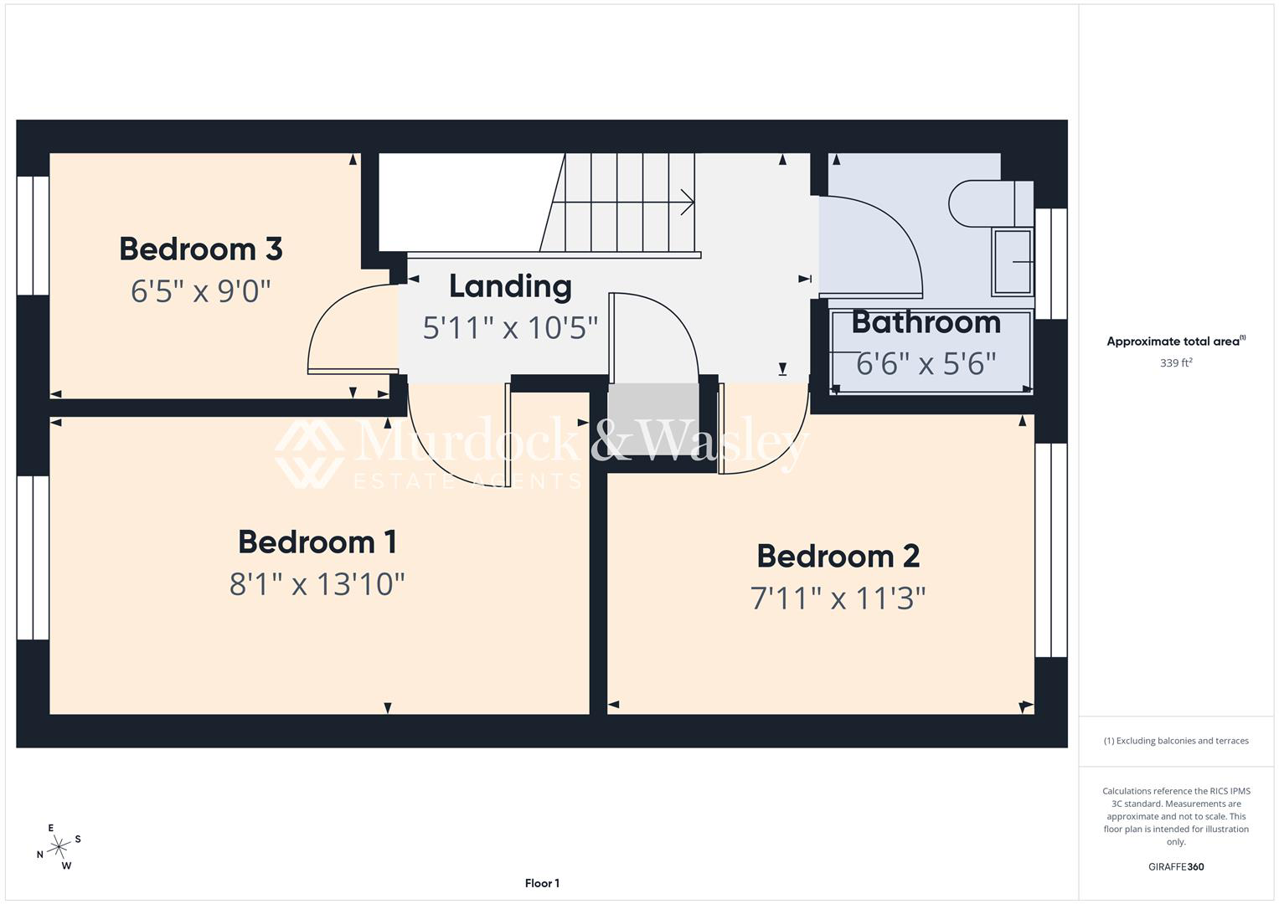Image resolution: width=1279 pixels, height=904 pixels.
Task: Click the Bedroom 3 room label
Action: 200,249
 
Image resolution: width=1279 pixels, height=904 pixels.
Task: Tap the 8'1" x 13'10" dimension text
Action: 317,584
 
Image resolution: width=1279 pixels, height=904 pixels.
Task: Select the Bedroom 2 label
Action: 838,556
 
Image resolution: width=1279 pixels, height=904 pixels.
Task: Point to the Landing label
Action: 510,287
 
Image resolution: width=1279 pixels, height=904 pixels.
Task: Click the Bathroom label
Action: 926,322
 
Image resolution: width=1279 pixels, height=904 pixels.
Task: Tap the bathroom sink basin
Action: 1013,262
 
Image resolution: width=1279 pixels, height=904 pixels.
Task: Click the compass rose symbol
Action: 59,847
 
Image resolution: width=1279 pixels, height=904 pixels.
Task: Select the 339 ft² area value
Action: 1176,362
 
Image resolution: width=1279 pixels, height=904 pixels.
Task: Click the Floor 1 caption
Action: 542,883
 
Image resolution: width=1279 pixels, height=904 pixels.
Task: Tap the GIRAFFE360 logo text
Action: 1176,866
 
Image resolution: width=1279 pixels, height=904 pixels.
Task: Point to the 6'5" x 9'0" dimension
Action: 200,291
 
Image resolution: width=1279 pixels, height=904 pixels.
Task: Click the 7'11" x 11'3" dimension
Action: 838,598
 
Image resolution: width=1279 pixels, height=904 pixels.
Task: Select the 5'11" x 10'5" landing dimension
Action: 510,327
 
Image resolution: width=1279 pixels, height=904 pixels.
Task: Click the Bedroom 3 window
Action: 34,236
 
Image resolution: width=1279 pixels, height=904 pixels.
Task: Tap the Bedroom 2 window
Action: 1051,550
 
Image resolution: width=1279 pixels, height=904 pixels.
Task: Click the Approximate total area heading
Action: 1176,341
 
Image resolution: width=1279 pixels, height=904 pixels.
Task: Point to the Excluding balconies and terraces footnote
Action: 1176,741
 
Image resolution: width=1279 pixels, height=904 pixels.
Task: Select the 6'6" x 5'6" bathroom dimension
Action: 926,363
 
